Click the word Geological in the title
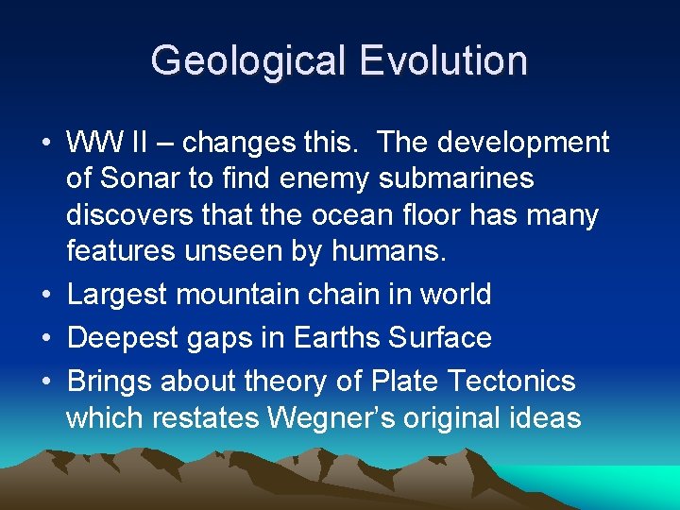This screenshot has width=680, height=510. point(248,60)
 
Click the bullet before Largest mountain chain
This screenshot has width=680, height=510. point(46,296)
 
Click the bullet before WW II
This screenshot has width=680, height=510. point(46,144)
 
